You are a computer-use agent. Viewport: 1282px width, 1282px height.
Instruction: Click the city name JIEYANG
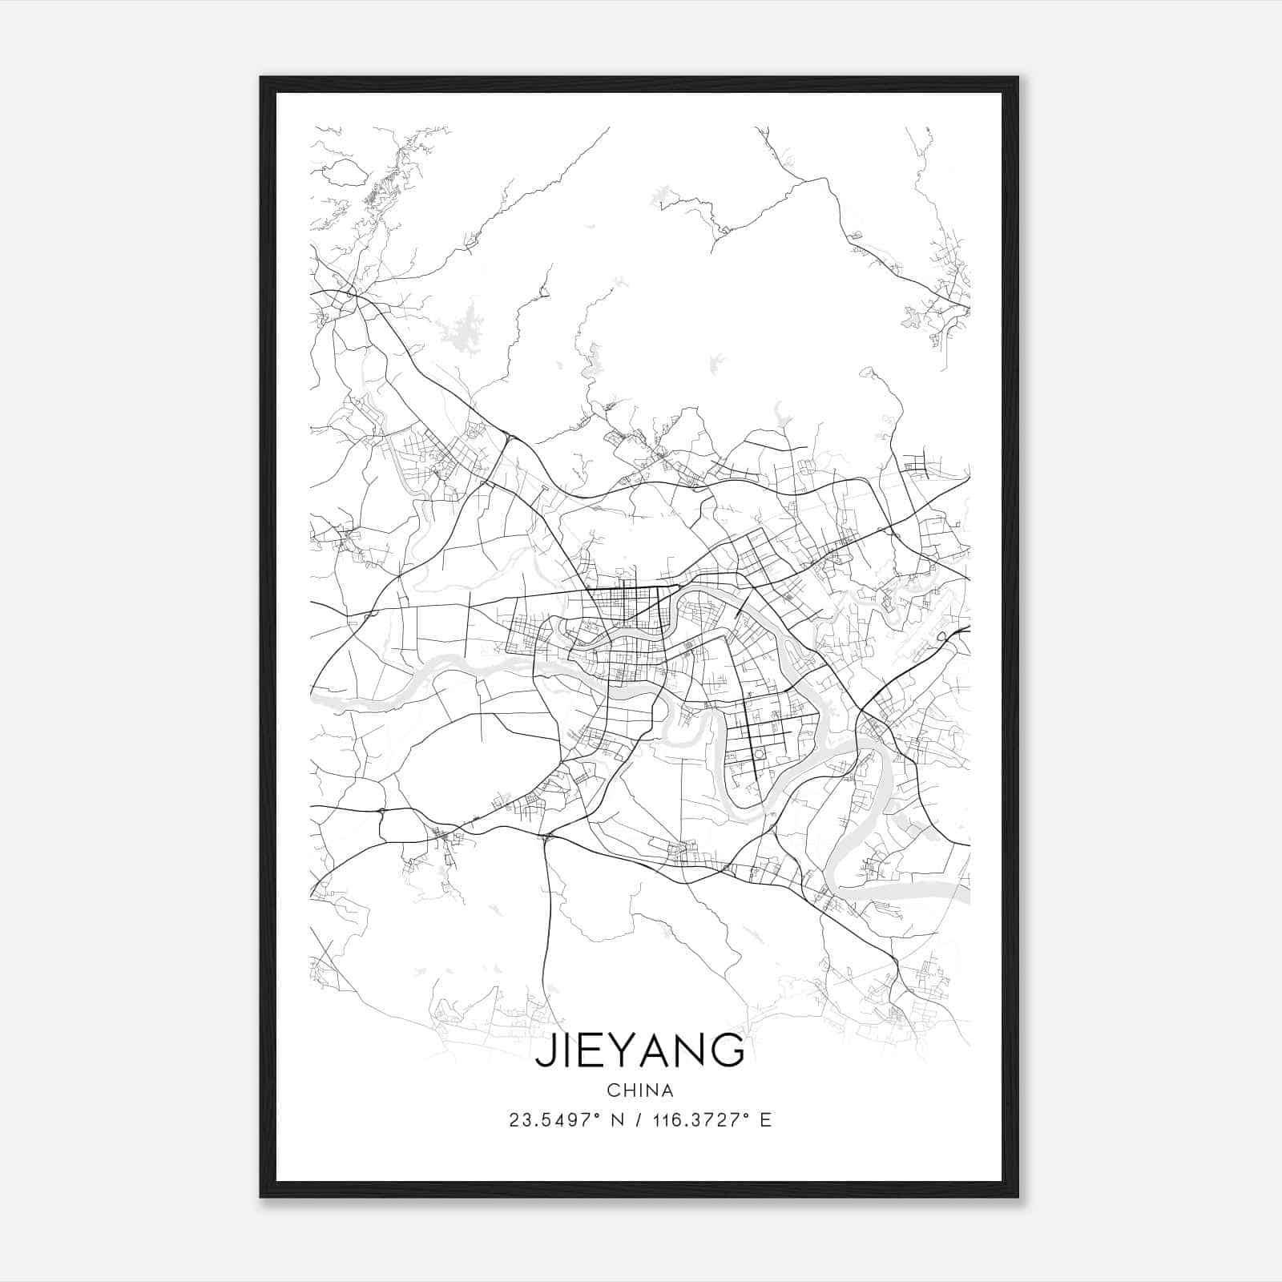coord(639,1050)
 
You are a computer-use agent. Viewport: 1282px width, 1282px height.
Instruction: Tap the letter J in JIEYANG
coord(544,1051)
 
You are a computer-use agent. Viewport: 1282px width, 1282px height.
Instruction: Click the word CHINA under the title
coord(639,1091)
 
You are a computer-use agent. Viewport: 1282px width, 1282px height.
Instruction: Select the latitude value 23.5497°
coord(554,1120)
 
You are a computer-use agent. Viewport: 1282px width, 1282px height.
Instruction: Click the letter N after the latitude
coord(617,1120)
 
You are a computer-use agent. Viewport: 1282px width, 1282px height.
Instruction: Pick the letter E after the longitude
coord(766,1120)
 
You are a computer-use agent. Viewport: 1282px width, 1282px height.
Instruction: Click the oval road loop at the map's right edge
coord(945,635)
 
